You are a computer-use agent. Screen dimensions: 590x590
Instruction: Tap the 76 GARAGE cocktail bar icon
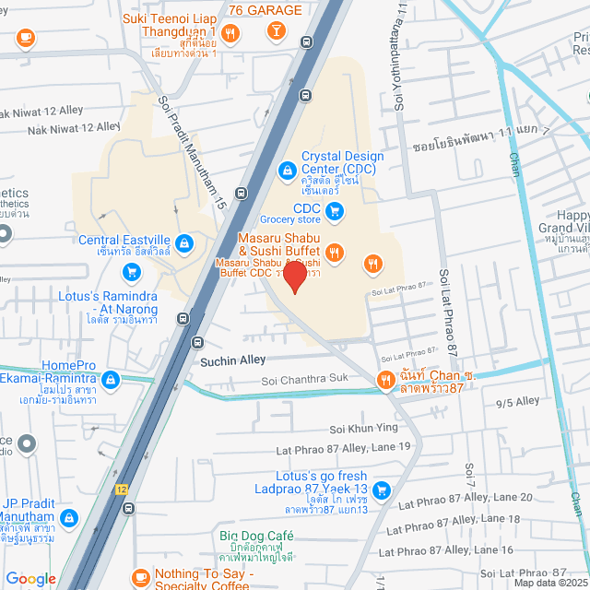coord(274,32)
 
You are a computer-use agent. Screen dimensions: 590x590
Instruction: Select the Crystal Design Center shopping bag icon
coord(287,170)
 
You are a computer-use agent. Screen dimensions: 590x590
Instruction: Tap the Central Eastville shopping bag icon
coord(184,242)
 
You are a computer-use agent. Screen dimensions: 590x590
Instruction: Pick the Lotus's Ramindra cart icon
coord(132,272)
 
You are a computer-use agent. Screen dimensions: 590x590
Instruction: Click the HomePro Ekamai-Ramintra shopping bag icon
coord(111,379)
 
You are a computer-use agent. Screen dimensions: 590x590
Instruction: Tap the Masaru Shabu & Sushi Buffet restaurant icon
coord(335,251)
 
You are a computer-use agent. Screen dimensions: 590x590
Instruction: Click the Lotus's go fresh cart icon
coord(383,490)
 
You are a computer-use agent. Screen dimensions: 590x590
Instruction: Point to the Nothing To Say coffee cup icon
coord(141,575)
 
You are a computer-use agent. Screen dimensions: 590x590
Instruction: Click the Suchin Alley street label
coord(233,360)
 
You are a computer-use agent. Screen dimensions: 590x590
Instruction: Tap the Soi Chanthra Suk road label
coord(305,379)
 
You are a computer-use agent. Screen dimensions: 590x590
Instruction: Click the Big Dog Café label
coord(255,536)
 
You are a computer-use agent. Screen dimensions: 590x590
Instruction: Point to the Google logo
coord(30,578)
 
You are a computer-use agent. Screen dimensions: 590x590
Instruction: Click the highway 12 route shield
coord(122,488)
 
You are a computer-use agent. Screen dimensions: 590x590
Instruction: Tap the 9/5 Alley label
coord(517,401)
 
